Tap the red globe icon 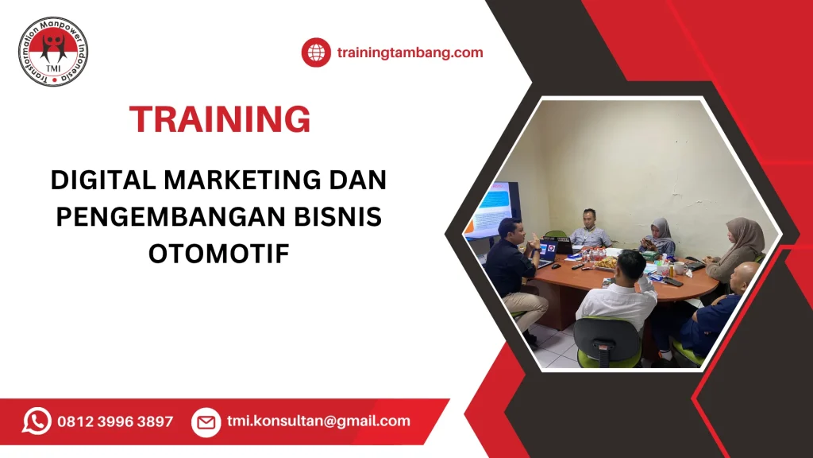coord(315,52)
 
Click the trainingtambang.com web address coord(410,52)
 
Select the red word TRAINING coord(220,119)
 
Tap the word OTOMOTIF coord(218,254)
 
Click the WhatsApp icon coord(37,421)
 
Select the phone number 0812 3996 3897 coord(115,421)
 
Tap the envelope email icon coord(206,421)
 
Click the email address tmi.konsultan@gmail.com coord(318,421)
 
